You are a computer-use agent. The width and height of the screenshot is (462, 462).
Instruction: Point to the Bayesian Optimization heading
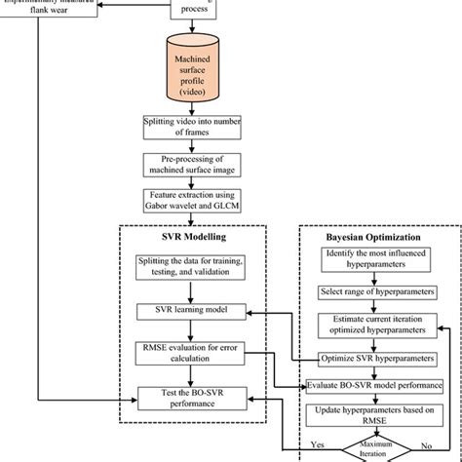374,238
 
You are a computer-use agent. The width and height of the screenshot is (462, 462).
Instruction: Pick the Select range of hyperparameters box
375,292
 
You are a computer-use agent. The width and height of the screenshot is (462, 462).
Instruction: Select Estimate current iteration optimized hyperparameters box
375,325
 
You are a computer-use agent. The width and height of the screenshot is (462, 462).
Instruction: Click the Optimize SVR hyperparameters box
375,357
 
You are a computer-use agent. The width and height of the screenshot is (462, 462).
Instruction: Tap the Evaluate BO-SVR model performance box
375,385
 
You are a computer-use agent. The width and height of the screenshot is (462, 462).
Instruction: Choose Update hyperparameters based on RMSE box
375,415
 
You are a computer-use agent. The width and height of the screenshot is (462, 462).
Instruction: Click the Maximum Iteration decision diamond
374,451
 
